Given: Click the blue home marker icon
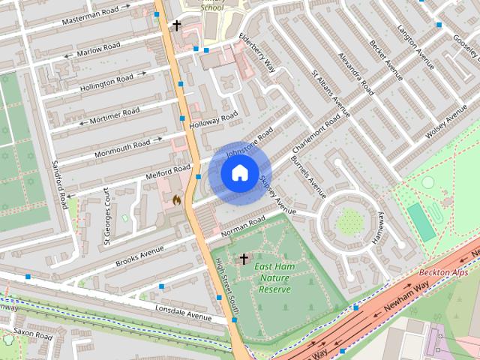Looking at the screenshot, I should click(238, 172).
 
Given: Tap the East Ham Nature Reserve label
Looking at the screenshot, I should click(274, 277).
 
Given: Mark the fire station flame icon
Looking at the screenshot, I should click(177, 201).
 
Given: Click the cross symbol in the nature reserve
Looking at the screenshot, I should click(243, 259).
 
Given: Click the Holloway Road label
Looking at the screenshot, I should click(214, 118).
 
